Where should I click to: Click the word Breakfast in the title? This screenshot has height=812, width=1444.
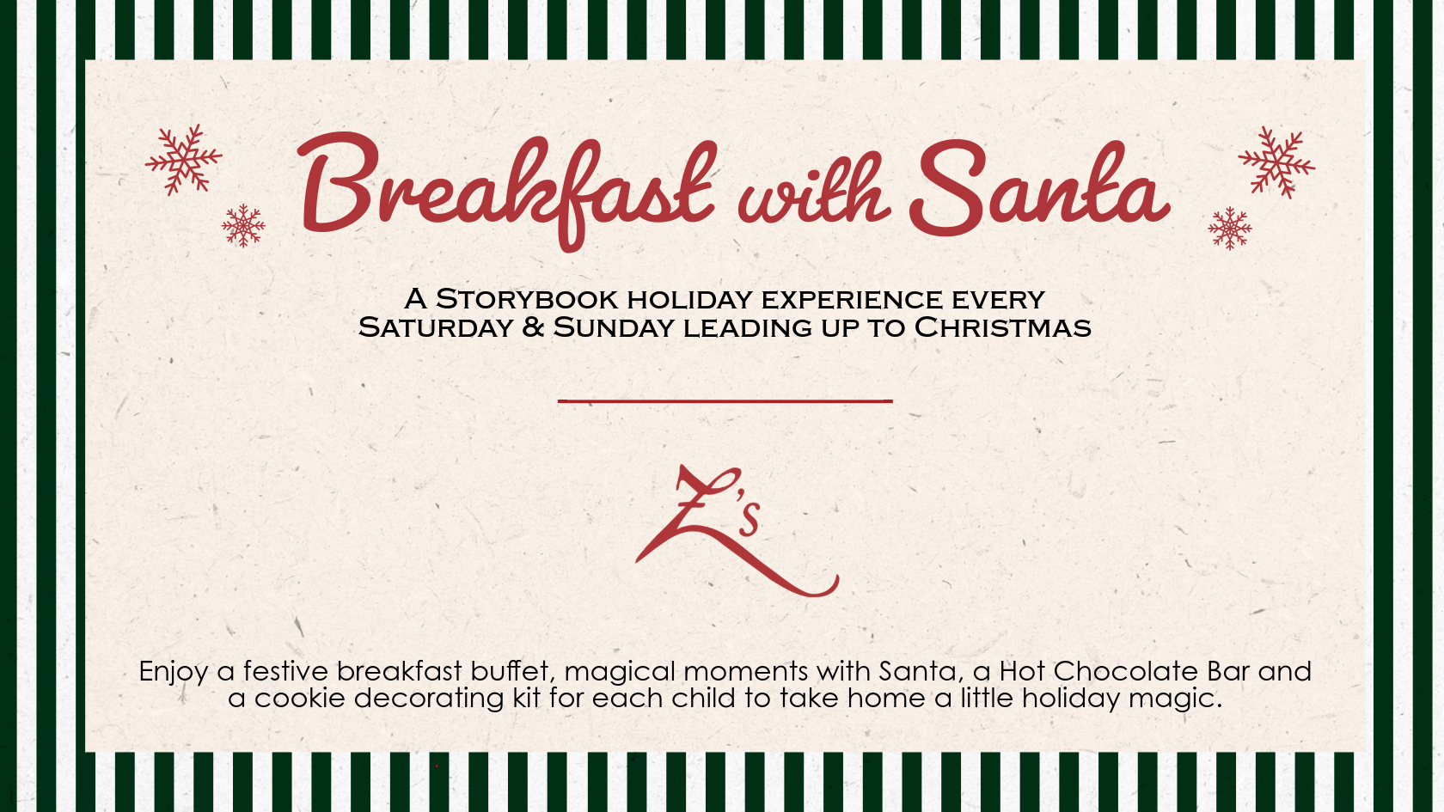click(x=507, y=190)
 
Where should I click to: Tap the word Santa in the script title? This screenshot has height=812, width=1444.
click(x=1039, y=187)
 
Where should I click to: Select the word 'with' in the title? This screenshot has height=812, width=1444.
click(x=814, y=190)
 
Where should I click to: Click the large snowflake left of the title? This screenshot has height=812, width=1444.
click(x=184, y=159)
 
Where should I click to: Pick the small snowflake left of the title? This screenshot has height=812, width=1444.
click(x=243, y=225)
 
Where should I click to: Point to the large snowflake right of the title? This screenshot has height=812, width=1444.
click(x=1276, y=162)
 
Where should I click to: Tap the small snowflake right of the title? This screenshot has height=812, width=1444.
click(x=1229, y=229)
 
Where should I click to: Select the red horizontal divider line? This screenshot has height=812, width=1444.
click(x=725, y=400)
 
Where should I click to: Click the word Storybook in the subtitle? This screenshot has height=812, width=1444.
click(x=527, y=300)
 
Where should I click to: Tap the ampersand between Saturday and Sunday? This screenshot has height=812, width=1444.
click(x=533, y=327)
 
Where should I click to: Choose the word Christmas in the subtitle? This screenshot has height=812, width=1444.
click(x=1002, y=327)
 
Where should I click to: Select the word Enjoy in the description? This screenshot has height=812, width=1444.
click(x=174, y=672)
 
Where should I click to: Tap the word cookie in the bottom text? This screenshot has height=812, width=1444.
click(x=300, y=698)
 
